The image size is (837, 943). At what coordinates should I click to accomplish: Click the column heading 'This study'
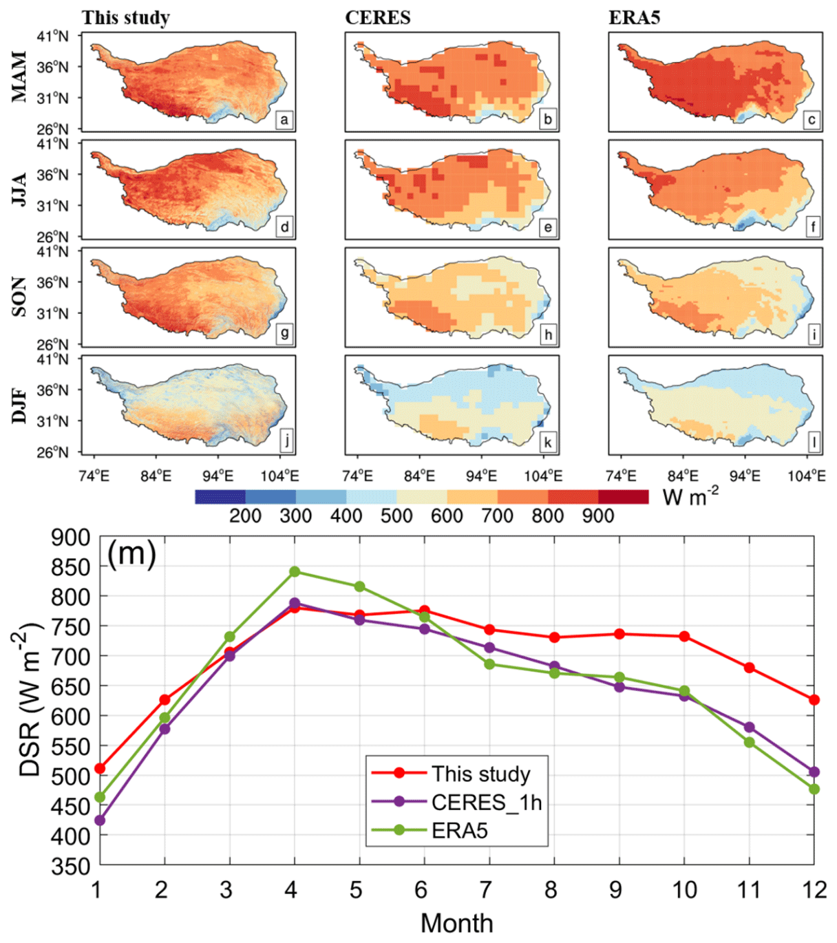pos(126,18)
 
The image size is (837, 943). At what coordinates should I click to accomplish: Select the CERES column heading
pos(378,18)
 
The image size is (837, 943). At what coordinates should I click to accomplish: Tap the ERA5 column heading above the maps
pos(634,18)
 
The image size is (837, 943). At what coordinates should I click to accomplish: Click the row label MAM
pos(19,76)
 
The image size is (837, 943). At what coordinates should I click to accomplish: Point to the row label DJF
pos(19,405)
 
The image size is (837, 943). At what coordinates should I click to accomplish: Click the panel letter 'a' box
pos(284,120)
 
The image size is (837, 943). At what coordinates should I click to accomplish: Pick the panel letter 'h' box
pos(548,335)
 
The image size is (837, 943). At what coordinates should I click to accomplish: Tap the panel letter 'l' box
pos(813,442)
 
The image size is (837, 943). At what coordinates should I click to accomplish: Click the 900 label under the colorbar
pos(597,516)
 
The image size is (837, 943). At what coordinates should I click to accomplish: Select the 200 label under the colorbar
pos(245,516)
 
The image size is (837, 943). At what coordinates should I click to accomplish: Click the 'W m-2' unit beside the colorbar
pos(690,496)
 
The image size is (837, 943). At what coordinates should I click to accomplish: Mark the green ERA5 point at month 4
pos(295,571)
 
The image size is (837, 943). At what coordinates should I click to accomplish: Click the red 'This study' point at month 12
pos(814,699)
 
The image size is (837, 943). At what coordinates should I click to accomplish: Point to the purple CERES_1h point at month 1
pos(100,820)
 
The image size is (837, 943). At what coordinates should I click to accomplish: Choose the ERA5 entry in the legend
pos(459,831)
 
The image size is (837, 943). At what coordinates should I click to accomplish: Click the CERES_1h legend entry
pos(486,802)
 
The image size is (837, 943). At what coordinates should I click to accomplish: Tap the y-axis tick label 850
pos(71,566)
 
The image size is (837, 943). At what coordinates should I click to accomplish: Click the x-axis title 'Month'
pos(456,923)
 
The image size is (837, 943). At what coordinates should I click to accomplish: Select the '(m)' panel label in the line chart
pos(131,553)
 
